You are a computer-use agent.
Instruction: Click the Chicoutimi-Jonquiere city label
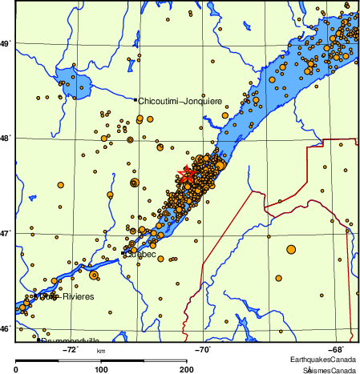180,102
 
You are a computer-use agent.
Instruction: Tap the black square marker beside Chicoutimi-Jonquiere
135,99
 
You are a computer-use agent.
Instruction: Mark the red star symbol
188,174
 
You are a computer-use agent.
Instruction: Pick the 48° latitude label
6,138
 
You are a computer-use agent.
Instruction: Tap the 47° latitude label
6,233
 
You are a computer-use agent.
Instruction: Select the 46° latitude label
6,328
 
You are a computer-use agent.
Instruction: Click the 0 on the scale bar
17,369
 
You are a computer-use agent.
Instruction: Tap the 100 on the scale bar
102,369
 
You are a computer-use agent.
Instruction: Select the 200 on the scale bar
185,369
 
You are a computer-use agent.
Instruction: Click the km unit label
101,351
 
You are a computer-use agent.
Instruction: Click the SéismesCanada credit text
330,370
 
